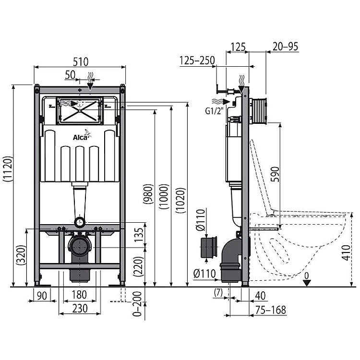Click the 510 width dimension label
81,61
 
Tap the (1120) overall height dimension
8,169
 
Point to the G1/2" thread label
214,111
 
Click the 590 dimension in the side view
275,174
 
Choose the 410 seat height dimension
346,252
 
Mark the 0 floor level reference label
307,276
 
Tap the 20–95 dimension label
286,47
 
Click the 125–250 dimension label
197,60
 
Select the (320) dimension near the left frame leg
21,255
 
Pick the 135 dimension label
139,235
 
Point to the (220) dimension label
138,266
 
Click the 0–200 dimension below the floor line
137,304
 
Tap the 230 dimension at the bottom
80,308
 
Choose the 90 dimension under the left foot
42,296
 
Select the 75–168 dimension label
271,310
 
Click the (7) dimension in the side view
218,292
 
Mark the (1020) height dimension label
180,201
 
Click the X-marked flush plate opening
80,111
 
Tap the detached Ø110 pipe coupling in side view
209,247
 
